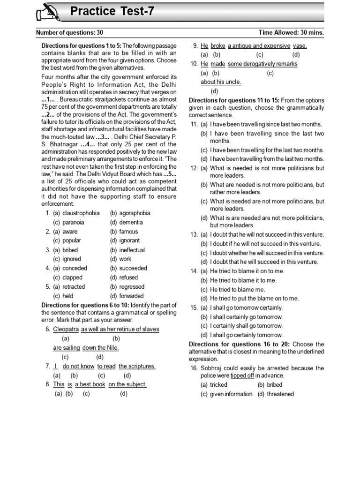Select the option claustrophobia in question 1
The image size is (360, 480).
click(x=81, y=213)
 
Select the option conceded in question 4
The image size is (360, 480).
click(x=75, y=269)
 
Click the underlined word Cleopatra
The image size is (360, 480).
click(x=66, y=329)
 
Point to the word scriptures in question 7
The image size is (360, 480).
click(x=137, y=366)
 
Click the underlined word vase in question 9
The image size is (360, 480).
click(x=300, y=46)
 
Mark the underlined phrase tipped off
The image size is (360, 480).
click(x=242, y=375)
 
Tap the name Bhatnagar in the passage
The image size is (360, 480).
click(x=60, y=144)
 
